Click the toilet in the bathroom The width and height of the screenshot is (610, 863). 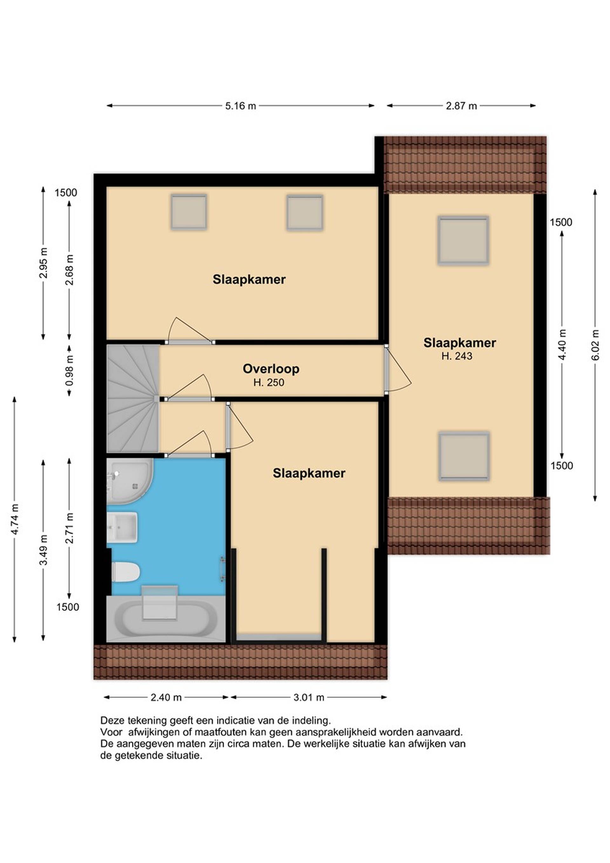point(125,572)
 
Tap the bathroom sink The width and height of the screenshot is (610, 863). point(121,527)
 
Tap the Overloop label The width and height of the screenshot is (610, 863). point(271,369)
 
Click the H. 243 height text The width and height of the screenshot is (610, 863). point(457,356)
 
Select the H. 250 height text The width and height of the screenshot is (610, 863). point(269,383)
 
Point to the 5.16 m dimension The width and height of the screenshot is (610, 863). point(241,106)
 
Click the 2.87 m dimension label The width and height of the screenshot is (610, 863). point(461,106)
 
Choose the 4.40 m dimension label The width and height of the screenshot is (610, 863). point(562,345)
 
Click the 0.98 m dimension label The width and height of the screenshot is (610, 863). point(69,370)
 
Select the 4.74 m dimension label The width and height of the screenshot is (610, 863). point(15,519)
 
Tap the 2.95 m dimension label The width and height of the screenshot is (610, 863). point(43,263)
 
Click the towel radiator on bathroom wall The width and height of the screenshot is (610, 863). point(222,569)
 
